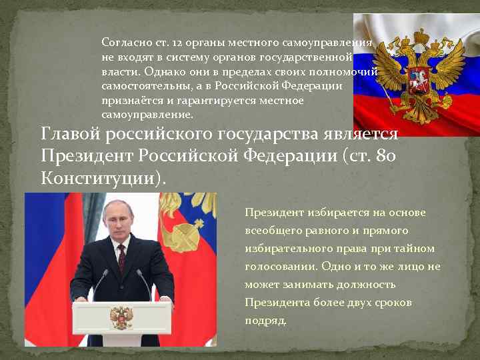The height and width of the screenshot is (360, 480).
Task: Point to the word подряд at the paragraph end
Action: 265,321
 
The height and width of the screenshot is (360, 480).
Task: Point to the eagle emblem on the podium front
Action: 121,318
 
